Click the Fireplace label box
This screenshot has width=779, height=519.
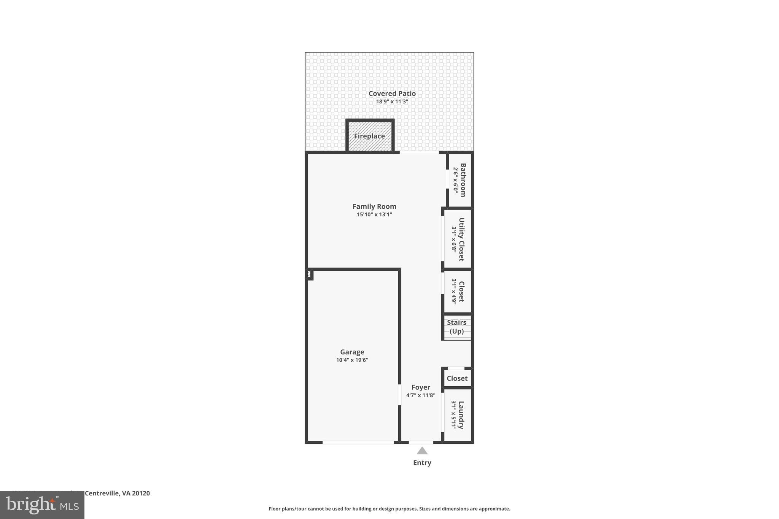[369, 136]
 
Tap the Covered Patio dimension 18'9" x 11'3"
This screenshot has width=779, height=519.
[392, 102]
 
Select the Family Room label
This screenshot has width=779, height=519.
[374, 206]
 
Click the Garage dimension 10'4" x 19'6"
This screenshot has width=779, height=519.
[352, 360]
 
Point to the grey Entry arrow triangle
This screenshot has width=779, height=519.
[422, 451]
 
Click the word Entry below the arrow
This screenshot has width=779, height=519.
[422, 463]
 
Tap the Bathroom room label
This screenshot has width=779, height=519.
[463, 180]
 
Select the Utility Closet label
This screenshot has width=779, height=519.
[461, 239]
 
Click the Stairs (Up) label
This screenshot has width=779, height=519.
[456, 327]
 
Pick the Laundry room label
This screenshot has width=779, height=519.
[461, 415]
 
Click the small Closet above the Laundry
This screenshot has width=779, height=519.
[457, 378]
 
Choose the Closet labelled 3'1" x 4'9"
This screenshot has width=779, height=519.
[461, 291]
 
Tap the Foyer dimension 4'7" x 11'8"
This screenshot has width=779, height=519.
[421, 395]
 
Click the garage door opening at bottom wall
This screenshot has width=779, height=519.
[358, 442]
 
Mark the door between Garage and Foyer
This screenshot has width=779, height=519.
[399, 395]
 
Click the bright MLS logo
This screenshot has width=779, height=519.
[42, 505]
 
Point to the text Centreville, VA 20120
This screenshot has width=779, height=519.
[117, 493]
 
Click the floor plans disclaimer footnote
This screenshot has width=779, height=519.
[389, 509]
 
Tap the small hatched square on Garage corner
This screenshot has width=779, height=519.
[310, 274]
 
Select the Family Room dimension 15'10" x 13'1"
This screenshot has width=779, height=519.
[374, 214]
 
